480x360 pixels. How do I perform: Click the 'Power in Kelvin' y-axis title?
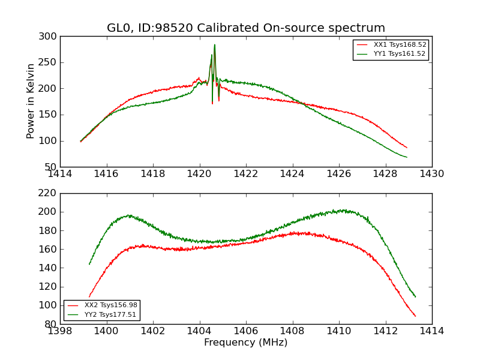pos(31,101)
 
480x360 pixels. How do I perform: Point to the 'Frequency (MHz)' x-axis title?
pos(246,343)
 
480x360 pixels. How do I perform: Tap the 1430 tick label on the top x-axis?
pos(431,173)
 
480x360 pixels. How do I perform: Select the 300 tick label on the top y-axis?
pos(50,36)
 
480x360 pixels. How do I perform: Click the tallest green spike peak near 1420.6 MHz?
pos(214,44)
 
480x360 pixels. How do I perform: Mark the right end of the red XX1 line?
pos(407,148)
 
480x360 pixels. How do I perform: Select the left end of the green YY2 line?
pos(89,264)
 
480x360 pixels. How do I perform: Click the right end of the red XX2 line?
pos(415,316)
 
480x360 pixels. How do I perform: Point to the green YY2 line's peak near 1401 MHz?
pos(128,215)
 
